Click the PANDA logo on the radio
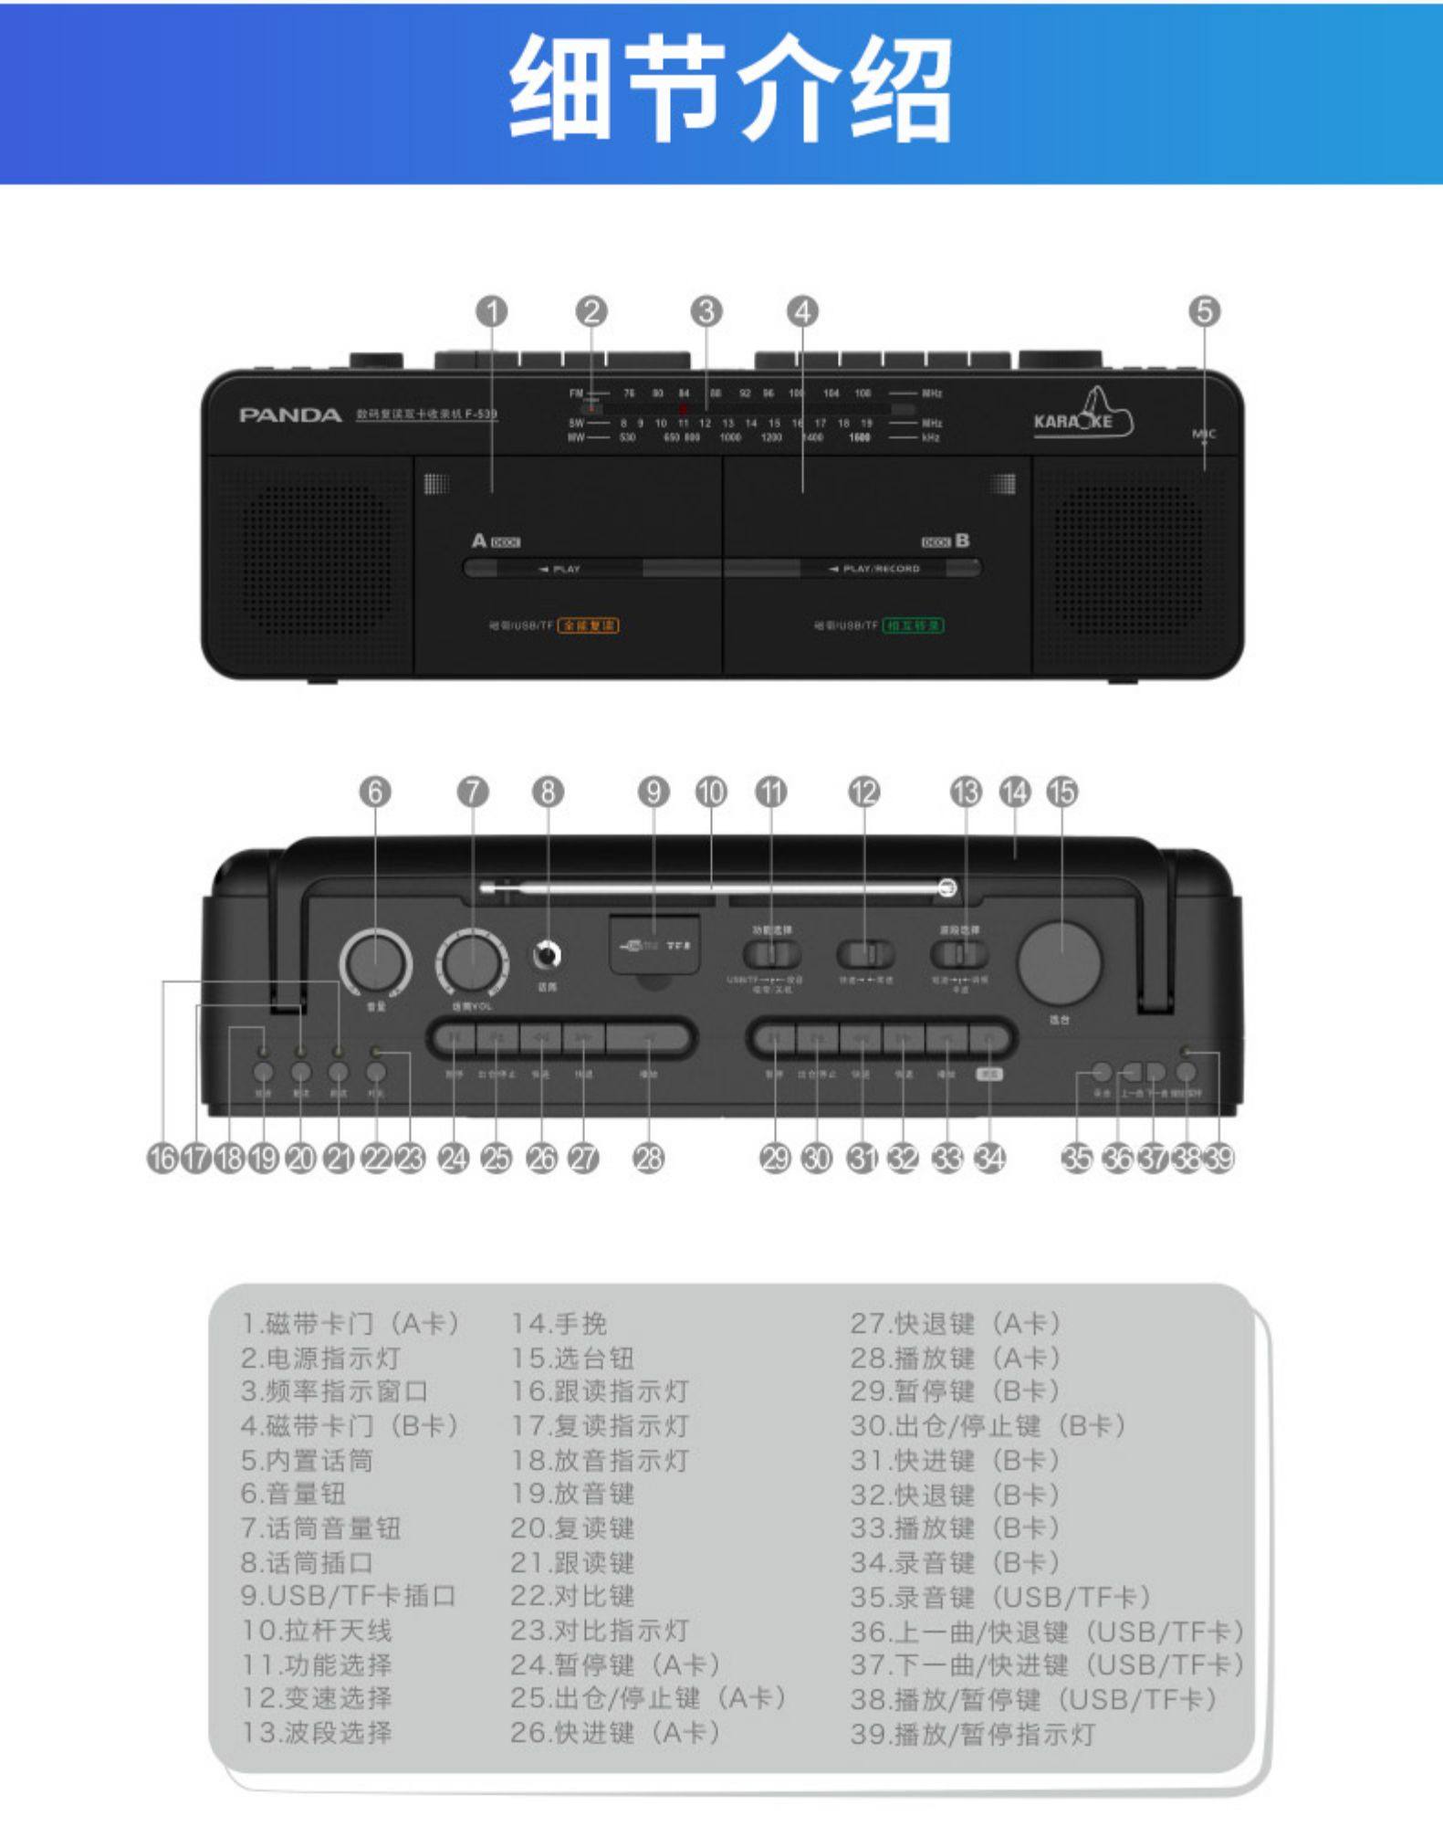289,415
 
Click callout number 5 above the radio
1204,311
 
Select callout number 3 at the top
706,311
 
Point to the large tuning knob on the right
1060,962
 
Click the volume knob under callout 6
375,962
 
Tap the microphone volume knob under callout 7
472,962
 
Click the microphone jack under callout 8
547,956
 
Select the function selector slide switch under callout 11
772,954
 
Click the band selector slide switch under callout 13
959,954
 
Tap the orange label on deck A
588,625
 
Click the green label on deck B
913,625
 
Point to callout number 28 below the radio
648,1159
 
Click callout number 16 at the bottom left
162,1159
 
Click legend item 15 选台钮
571,1358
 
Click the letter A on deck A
479,540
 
